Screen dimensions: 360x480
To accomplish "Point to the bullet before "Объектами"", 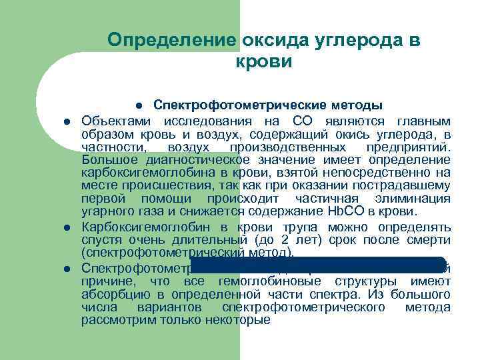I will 67,121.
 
